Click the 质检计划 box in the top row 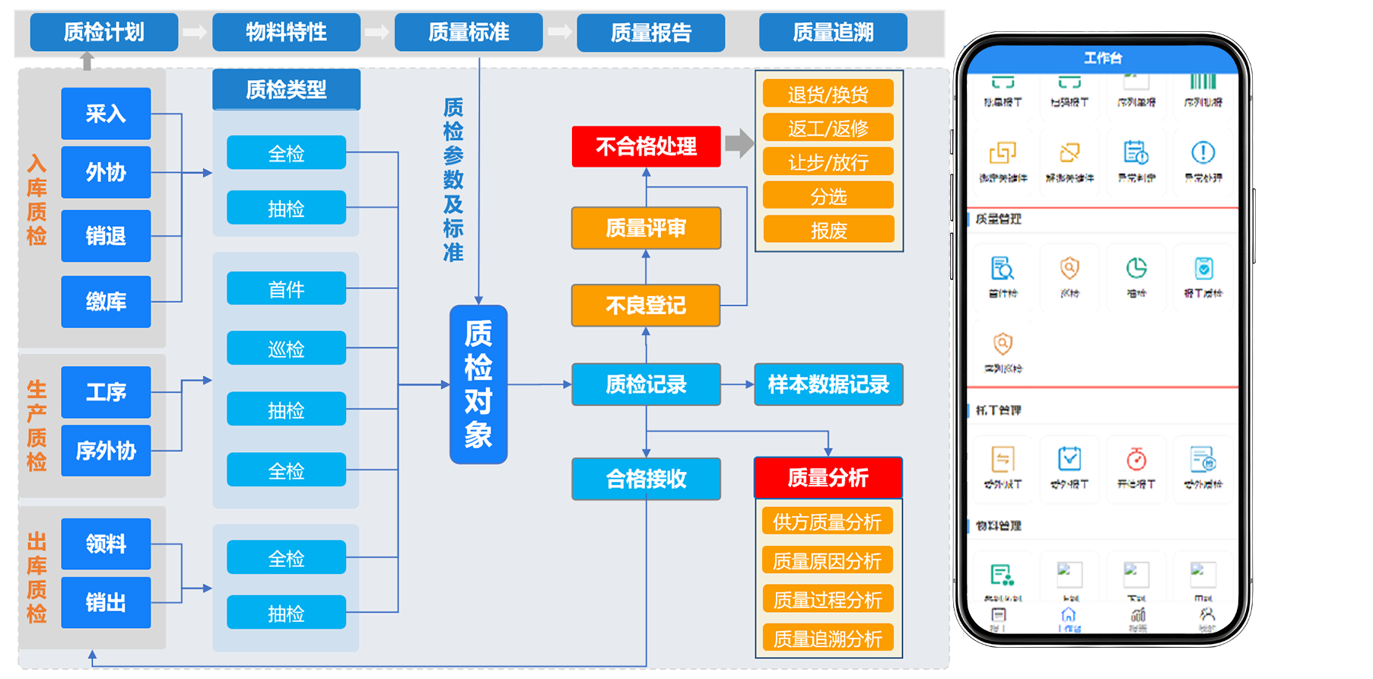point(103,32)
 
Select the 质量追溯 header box point(833,32)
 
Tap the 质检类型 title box point(286,90)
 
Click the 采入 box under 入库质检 point(106,113)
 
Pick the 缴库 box point(106,301)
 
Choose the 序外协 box point(106,451)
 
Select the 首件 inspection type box point(286,289)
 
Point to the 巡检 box point(286,349)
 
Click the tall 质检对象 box point(478,384)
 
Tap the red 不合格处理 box point(646,146)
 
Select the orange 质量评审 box point(646,228)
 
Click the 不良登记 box point(646,305)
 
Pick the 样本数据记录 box point(828,384)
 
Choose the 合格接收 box point(646,479)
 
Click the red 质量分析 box point(828,477)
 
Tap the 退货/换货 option point(828,94)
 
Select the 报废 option point(828,230)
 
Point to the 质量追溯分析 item point(828,639)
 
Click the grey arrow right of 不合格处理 point(739,143)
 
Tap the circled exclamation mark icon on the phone point(1203,153)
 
